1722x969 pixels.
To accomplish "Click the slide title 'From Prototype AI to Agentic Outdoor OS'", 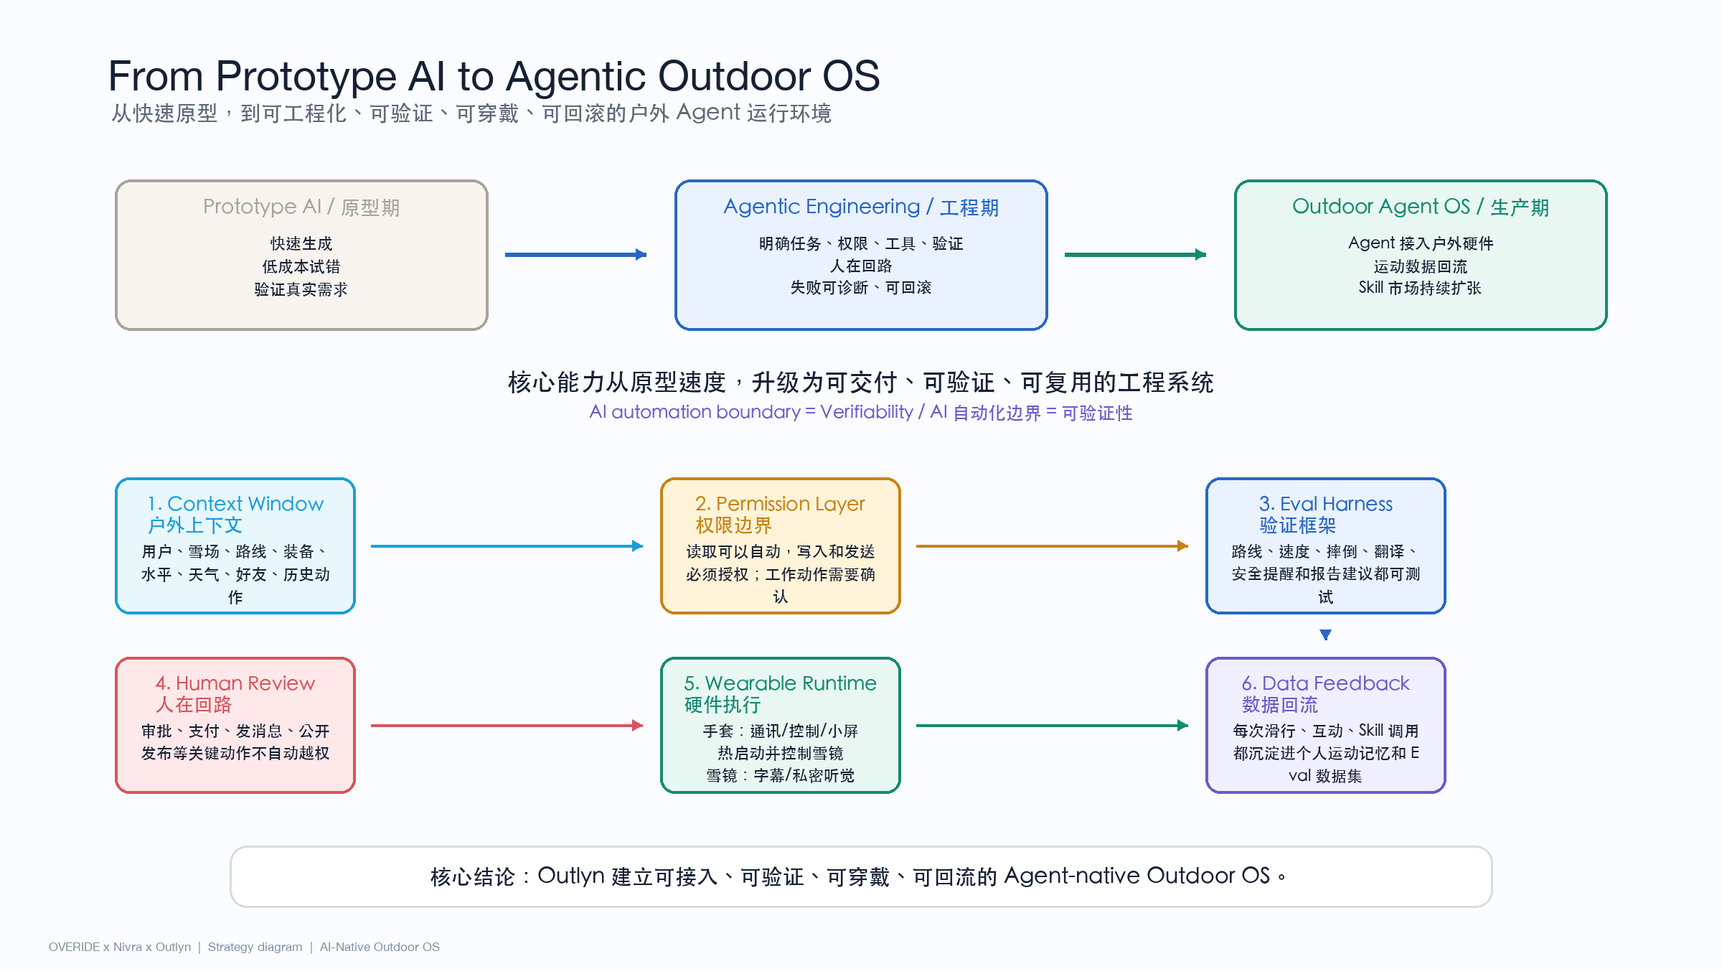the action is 494,76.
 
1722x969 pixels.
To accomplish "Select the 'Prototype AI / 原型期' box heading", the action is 301,207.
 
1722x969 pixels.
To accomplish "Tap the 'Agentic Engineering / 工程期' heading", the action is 861,207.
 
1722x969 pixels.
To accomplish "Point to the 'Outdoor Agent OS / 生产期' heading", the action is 1421,207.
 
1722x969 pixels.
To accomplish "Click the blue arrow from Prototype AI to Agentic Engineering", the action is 576,254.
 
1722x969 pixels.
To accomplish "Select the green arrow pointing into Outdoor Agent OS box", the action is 1136,254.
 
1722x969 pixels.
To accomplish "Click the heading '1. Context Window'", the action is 235,504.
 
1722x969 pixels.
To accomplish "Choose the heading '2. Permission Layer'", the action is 780,504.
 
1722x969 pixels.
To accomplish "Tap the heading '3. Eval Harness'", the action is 1325,504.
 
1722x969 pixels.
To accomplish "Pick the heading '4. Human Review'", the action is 235,683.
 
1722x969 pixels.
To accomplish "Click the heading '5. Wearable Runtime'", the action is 780,683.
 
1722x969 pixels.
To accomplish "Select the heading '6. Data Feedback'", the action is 1325,683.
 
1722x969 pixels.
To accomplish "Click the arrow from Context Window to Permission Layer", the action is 507,546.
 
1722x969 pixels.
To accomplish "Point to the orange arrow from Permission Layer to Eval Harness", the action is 1053,546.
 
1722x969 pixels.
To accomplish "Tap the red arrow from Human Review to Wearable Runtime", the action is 507,726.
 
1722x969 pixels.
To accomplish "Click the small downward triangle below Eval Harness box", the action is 1326,635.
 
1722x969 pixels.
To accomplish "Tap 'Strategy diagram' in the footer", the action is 255,947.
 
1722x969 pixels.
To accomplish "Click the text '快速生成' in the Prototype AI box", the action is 301,243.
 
